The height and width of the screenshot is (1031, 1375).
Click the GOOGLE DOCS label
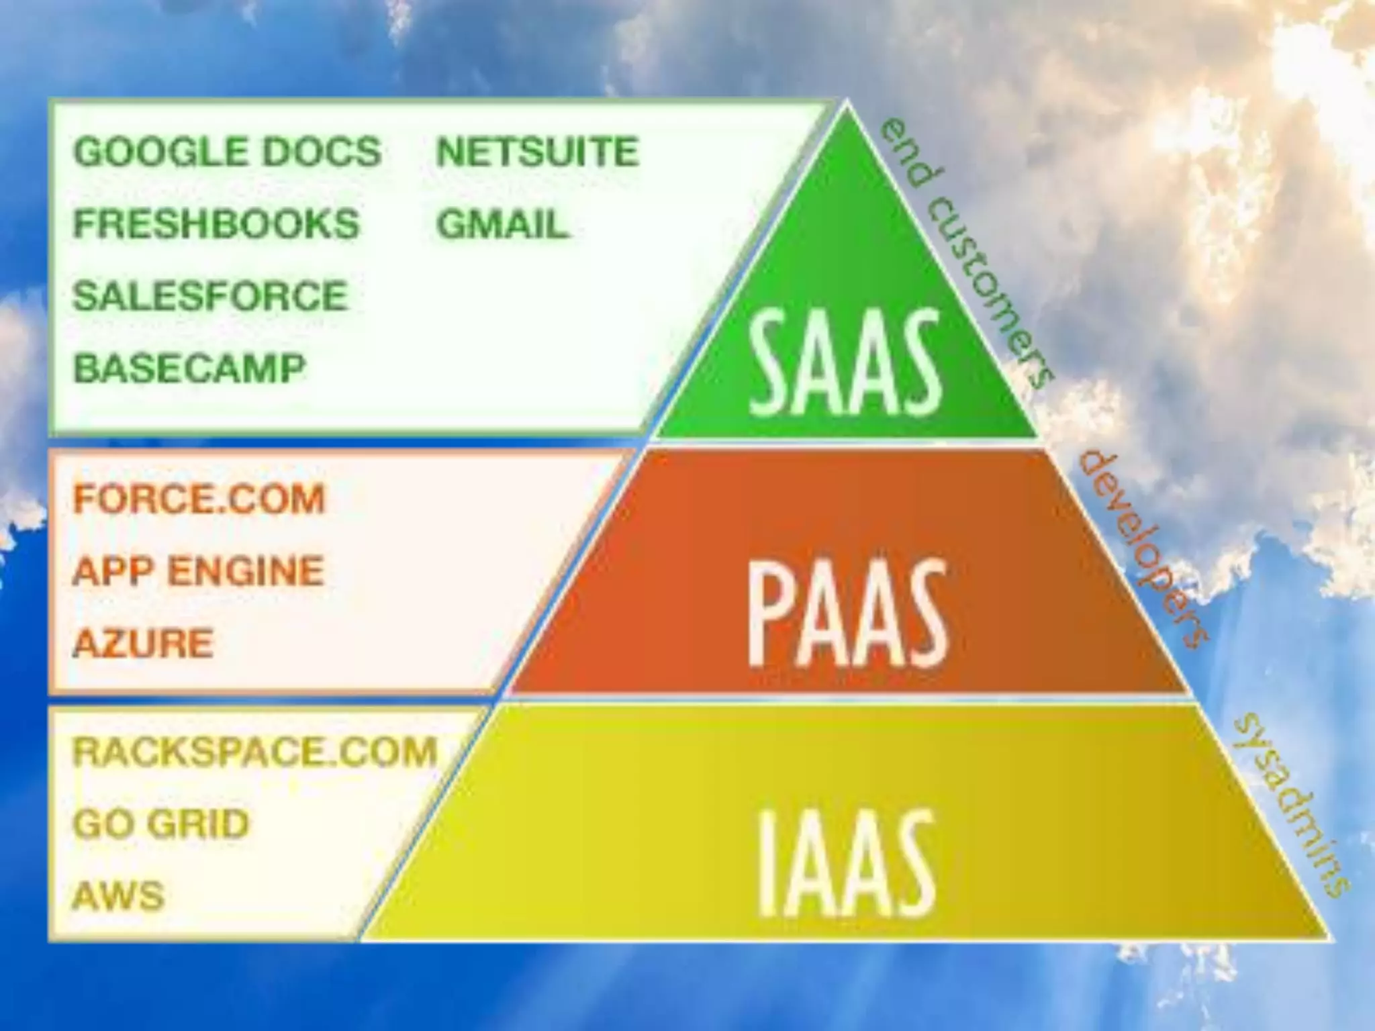coord(227,152)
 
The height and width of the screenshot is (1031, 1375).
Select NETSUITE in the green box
coord(537,152)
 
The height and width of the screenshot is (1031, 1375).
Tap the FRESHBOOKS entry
coord(216,224)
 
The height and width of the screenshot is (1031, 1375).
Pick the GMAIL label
coord(503,224)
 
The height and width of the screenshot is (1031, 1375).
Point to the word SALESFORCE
coord(210,296)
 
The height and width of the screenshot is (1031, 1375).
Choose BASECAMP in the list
coord(189,368)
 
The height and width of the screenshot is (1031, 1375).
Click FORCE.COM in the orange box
coord(199,499)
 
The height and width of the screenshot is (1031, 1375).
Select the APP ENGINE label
coord(198,571)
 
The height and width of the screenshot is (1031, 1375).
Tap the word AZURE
coord(143,643)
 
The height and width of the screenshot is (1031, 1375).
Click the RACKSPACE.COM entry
coord(254,752)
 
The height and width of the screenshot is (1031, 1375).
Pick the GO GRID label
coord(160,824)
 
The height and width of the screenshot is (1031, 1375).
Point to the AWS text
coord(118,895)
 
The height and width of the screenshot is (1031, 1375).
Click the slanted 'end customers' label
coord(965,254)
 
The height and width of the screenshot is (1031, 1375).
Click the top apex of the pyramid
coord(846,104)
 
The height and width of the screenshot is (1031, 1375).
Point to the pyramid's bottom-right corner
coord(1326,937)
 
